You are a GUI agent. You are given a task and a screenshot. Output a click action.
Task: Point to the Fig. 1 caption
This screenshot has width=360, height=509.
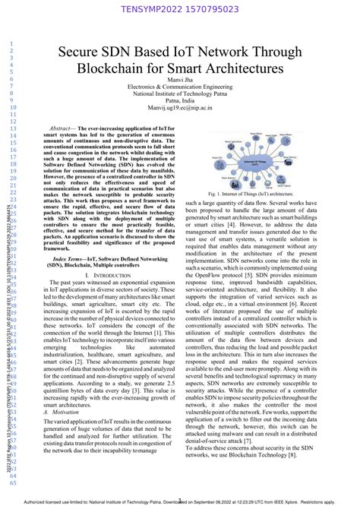pyautogui.click(x=251, y=194)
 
